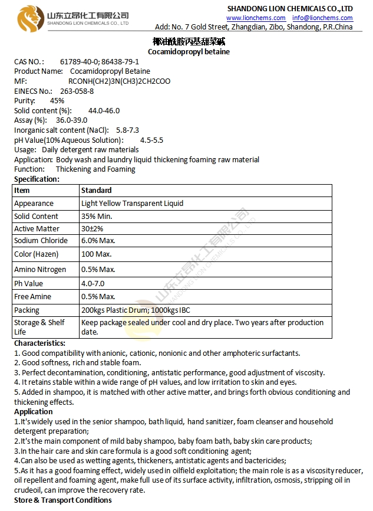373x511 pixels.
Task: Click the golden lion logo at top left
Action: click(x=28, y=18)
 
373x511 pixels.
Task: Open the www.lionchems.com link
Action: click(x=256, y=18)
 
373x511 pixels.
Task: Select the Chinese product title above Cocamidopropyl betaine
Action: click(x=189, y=41)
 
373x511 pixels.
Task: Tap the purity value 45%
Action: click(x=57, y=101)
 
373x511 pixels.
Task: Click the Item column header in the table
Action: click(x=22, y=191)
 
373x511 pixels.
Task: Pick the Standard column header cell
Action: click(x=96, y=191)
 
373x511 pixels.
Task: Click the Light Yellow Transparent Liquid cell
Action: click(x=132, y=204)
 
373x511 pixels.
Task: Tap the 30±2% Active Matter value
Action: click(x=93, y=228)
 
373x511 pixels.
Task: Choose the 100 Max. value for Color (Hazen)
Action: click(x=96, y=254)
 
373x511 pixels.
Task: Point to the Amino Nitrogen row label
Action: click(x=40, y=269)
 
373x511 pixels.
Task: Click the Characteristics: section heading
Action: click(x=39, y=343)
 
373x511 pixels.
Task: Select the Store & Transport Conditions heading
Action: click(x=62, y=500)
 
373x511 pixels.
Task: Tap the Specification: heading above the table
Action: click(x=37, y=179)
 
